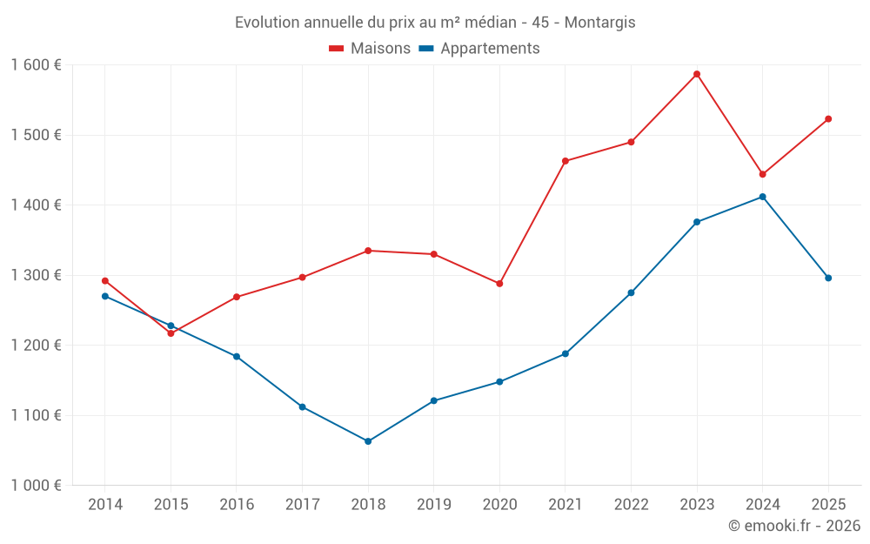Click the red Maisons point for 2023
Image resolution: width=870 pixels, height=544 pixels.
click(697, 74)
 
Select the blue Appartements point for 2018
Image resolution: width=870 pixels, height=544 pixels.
click(368, 441)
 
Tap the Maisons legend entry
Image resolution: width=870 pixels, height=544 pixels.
click(370, 49)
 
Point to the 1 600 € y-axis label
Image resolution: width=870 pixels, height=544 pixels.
click(36, 65)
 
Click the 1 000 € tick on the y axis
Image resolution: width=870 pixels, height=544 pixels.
click(36, 486)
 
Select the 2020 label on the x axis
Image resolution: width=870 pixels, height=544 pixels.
click(499, 505)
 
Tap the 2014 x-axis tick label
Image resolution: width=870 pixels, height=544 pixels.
click(105, 505)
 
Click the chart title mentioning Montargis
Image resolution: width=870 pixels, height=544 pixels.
click(435, 23)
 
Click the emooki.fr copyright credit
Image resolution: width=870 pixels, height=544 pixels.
click(794, 526)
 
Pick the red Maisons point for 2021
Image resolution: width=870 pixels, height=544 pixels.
click(565, 161)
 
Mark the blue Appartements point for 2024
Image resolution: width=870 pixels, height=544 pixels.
click(763, 197)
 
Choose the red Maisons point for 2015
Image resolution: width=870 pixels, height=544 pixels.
click(171, 333)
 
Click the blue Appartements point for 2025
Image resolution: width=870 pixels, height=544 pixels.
click(828, 278)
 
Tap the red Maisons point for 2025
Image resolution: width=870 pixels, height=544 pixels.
click(828, 119)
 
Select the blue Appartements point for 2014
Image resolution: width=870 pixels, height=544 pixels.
click(105, 296)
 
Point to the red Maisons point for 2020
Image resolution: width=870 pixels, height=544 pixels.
click(499, 284)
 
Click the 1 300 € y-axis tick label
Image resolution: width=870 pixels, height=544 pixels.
click(36, 275)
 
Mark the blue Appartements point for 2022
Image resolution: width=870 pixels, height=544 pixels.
click(631, 292)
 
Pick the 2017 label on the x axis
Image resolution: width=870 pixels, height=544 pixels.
click(302, 505)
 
